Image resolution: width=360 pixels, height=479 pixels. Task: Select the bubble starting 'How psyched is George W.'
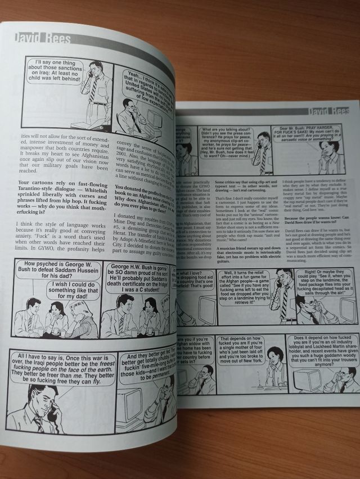(x=55, y=273)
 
